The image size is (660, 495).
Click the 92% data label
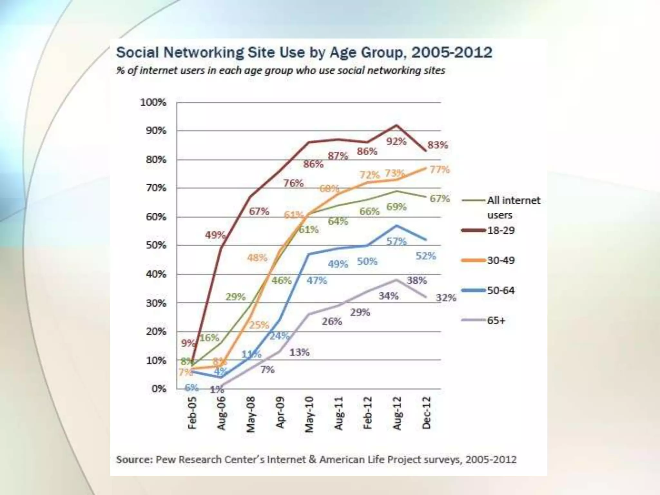pyautogui.click(x=396, y=141)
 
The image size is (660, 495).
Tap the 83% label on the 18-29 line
pyautogui.click(x=438, y=145)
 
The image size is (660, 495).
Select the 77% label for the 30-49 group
pyautogui.click(x=440, y=170)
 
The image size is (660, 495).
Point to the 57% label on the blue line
pyautogui.click(x=396, y=241)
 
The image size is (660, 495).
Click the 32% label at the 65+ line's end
pyautogui.click(x=446, y=297)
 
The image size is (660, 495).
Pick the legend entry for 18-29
pyautogui.click(x=501, y=230)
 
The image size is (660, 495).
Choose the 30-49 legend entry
pyautogui.click(x=501, y=260)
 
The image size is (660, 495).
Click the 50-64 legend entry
pyautogui.click(x=501, y=290)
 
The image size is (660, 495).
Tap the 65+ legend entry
pyautogui.click(x=496, y=320)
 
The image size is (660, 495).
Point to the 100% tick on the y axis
pyautogui.click(x=153, y=102)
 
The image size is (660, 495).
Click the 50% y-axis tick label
pyautogui.click(x=156, y=245)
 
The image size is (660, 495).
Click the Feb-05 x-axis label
pyautogui.click(x=192, y=413)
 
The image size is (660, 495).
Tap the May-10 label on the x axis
pyautogui.click(x=309, y=414)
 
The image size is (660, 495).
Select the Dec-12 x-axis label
pyautogui.click(x=426, y=413)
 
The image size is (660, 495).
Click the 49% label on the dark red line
pyautogui.click(x=215, y=235)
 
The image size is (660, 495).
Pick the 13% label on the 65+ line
pyautogui.click(x=299, y=352)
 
